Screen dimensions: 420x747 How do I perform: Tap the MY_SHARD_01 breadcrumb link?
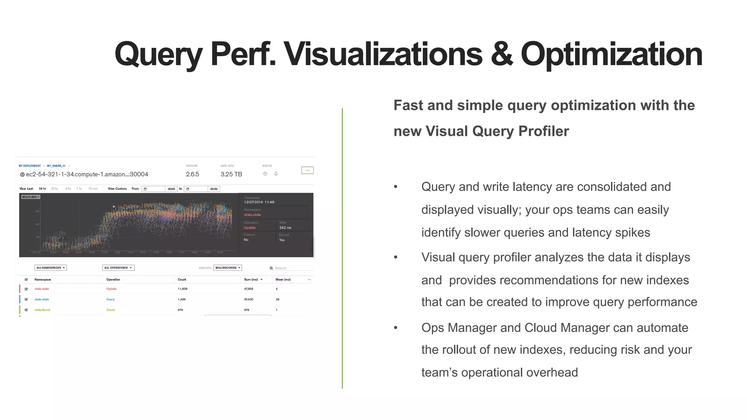coord(56,166)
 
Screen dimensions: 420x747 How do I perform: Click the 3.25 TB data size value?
coord(231,174)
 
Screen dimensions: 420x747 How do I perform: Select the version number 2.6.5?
coord(192,174)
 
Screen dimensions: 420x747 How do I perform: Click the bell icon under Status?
coord(276,174)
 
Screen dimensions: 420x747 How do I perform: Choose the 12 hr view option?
coord(54,189)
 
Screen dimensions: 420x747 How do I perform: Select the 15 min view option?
coord(93,189)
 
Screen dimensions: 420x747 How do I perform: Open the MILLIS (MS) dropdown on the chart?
coord(31,197)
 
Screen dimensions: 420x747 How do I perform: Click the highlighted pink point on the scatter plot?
coord(114,207)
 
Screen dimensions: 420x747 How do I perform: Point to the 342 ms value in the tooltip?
coord(285,227)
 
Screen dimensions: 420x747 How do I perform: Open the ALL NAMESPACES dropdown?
coord(50,268)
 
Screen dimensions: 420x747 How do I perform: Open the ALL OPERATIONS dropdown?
coord(118,268)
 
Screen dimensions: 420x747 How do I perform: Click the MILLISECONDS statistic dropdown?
coord(228,268)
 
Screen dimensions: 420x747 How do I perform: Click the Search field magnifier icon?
coord(271,268)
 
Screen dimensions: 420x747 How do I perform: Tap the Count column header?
coord(182,280)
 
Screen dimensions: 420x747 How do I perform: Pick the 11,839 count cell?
coord(182,289)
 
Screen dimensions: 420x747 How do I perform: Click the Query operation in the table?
coord(111,299)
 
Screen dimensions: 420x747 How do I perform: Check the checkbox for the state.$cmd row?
coord(26,310)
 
